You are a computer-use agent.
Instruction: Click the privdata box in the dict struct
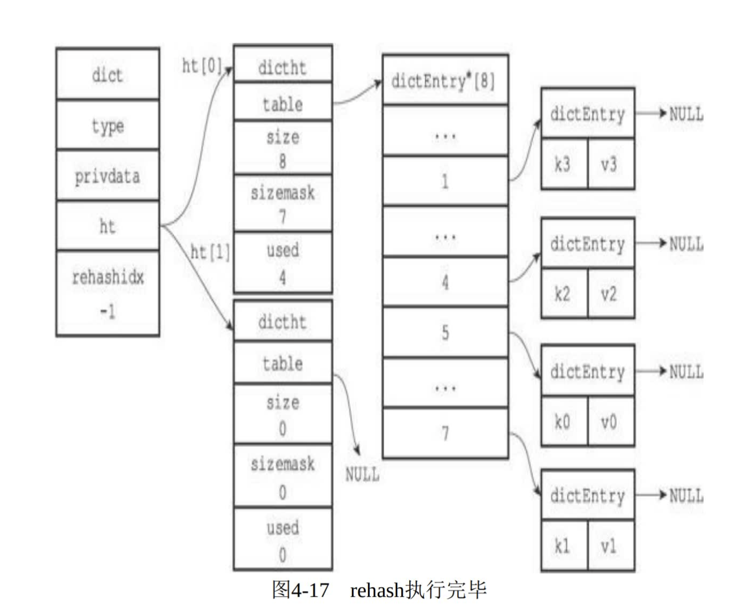click(107, 176)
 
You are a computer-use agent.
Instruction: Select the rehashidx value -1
click(107, 311)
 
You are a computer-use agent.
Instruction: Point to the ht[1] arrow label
click(210, 251)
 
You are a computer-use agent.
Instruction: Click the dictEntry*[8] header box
click(444, 81)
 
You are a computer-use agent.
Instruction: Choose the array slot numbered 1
click(445, 181)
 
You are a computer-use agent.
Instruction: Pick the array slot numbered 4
click(445, 282)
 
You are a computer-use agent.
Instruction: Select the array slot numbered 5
click(445, 333)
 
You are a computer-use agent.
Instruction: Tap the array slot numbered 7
click(445, 433)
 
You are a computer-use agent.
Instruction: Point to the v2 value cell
click(609, 294)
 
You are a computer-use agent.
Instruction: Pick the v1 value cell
click(609, 546)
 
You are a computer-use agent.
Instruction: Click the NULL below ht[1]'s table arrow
click(362, 474)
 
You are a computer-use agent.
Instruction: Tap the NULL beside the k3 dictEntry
click(686, 114)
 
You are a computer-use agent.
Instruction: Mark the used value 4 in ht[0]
click(282, 277)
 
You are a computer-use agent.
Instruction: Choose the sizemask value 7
click(282, 217)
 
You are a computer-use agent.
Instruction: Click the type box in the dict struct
click(107, 126)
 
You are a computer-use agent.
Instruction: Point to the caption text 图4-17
click(300, 590)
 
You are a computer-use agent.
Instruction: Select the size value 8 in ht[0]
click(282, 160)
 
